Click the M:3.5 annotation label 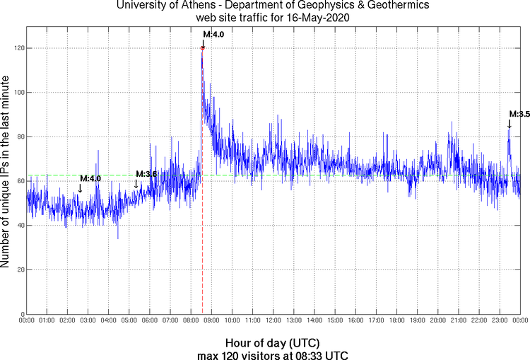[519, 114]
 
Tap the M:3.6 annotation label [146, 174]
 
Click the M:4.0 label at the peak [213, 34]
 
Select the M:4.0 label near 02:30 [90, 179]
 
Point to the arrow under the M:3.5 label [509, 124]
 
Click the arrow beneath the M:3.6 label [136, 185]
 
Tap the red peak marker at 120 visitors [203, 48]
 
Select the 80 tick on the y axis [18, 137]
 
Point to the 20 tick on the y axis [18, 269]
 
